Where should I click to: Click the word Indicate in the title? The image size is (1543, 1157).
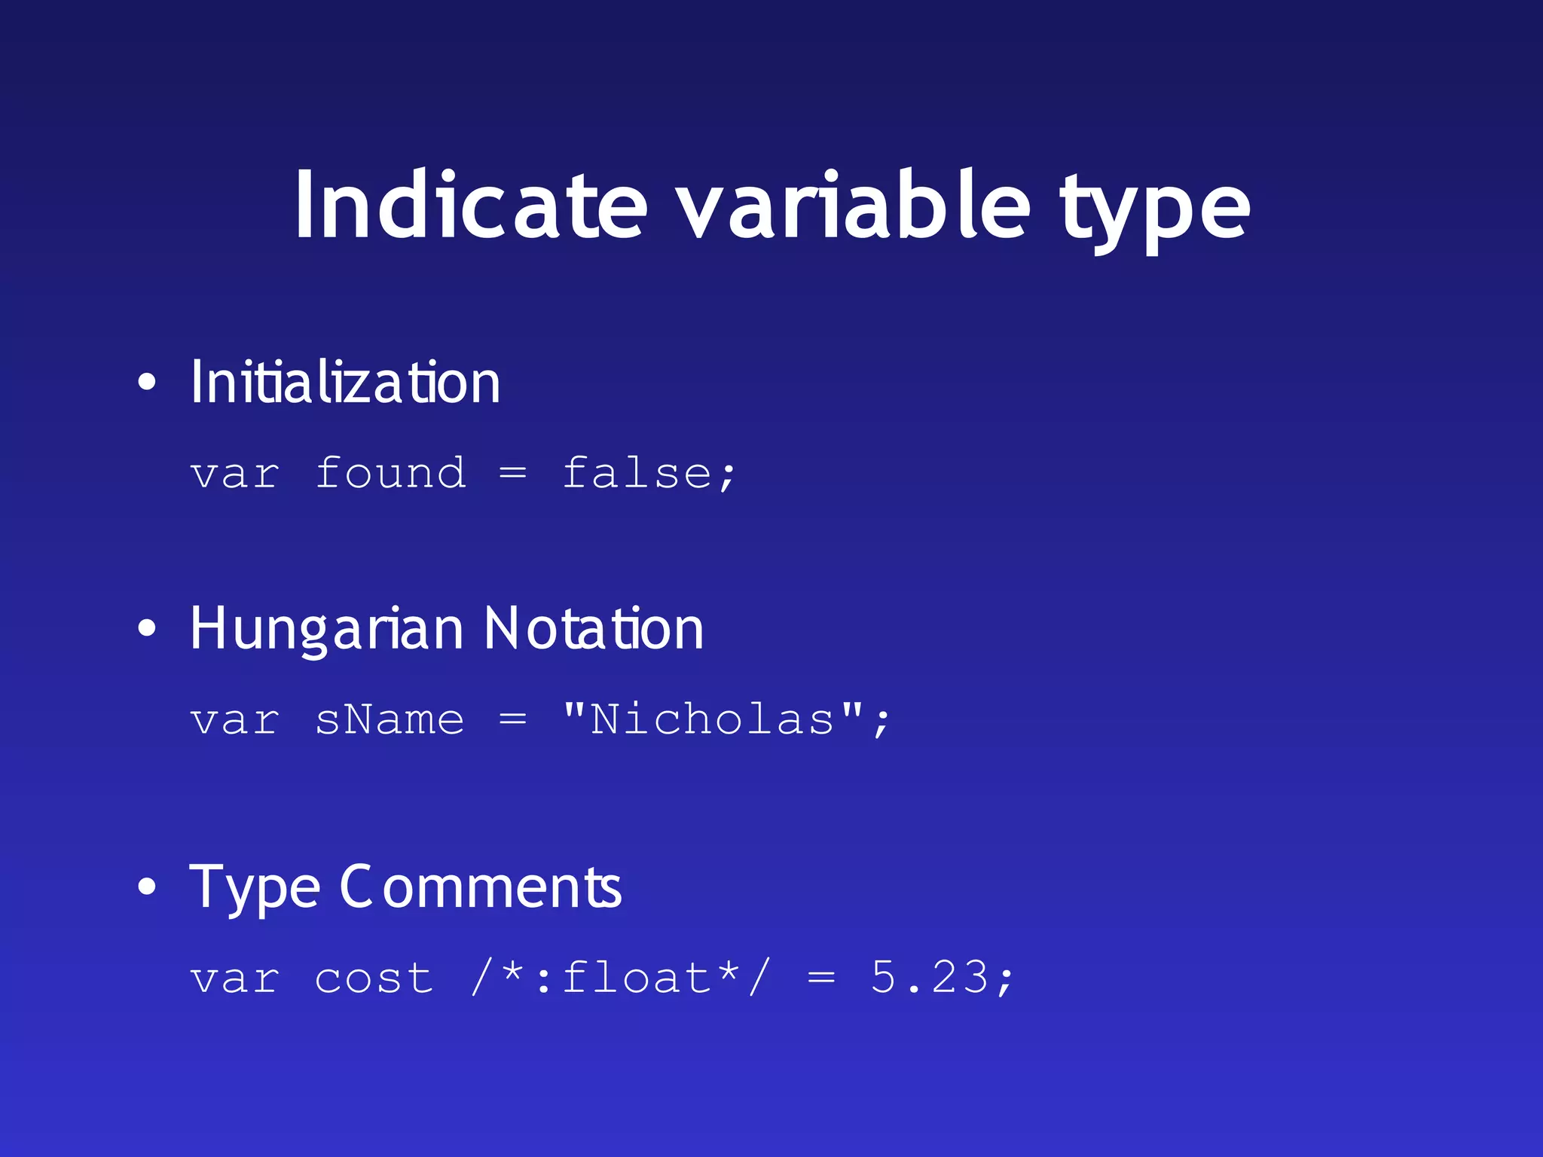click(471, 206)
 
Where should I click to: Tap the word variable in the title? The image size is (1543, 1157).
click(854, 206)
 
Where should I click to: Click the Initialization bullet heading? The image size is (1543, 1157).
click(345, 383)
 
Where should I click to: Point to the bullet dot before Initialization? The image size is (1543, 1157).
click(147, 383)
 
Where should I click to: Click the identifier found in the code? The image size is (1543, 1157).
click(390, 474)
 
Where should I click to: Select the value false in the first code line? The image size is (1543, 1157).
click(637, 474)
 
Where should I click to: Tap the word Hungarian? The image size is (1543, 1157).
click(326, 629)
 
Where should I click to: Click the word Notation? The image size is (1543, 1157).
click(594, 629)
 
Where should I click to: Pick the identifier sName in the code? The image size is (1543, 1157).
click(390, 719)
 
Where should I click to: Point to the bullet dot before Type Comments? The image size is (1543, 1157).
click(147, 887)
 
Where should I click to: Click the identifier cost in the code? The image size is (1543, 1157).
click(374, 978)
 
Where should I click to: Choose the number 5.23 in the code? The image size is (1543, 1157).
click(930, 978)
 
